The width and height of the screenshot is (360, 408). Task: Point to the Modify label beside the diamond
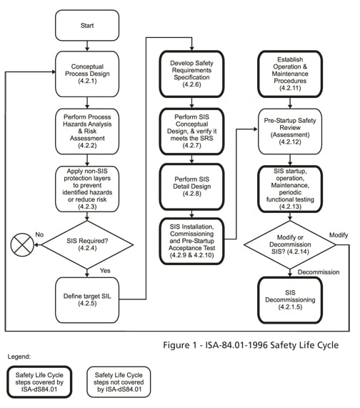(x=337, y=234)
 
